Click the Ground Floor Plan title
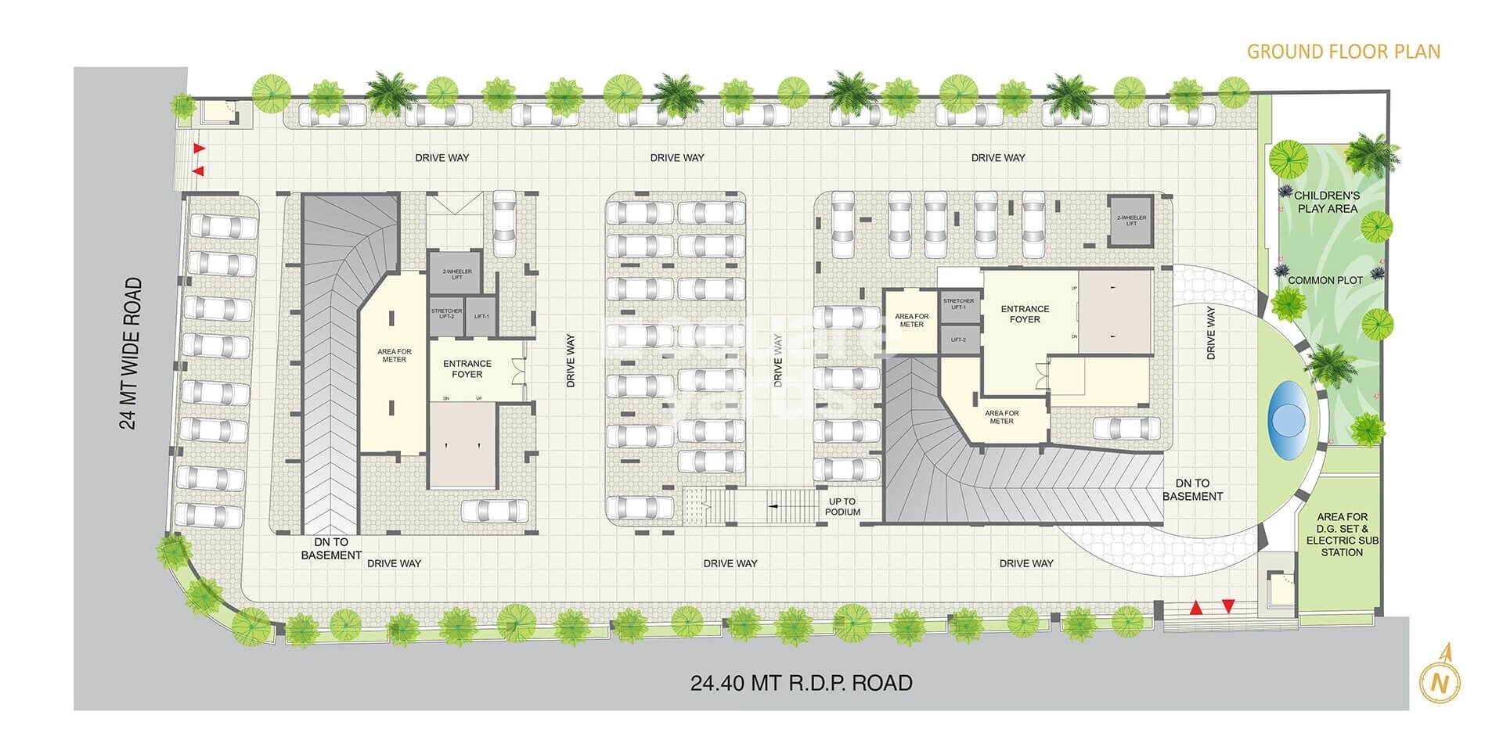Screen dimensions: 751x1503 coord(1343,52)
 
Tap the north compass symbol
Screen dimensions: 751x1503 coord(1440,682)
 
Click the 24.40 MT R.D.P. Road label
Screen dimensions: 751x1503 coord(801,683)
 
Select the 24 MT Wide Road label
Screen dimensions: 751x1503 coord(132,354)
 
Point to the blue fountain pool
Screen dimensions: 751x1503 coord(1288,419)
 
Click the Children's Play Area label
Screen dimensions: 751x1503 coord(1327,202)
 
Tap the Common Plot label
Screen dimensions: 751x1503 coord(1325,280)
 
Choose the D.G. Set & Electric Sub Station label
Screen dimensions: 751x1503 coord(1342,534)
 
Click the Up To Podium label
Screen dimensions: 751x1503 coord(842,507)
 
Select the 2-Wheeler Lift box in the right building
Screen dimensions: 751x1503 coord(1131,221)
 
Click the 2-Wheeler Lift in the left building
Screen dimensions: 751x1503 coord(456,274)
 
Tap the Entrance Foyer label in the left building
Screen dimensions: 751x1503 coord(467,368)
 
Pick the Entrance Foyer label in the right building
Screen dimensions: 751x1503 coord(1025,314)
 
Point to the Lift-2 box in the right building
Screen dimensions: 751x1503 coord(958,340)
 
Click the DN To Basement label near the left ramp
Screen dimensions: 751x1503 coord(331,548)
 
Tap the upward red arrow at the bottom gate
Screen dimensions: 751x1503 coord(1195,607)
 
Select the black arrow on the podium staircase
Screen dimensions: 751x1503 coord(773,507)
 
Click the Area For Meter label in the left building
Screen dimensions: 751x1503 coord(394,355)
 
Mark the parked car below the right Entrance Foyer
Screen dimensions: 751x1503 coord(1126,428)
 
